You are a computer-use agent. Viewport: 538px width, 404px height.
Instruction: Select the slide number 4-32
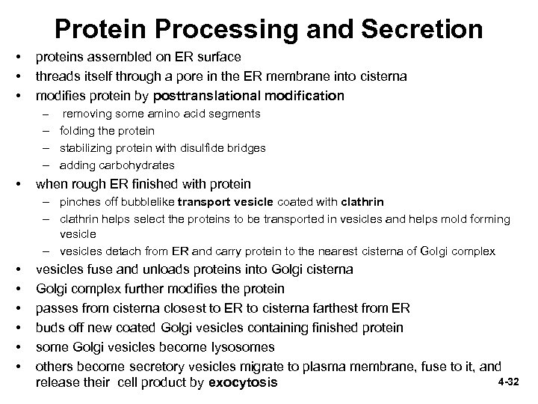[508, 382]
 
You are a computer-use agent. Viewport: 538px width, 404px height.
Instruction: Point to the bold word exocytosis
[243, 383]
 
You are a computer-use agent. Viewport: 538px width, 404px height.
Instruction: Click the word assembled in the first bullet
[105, 57]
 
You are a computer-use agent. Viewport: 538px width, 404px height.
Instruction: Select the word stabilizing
[88, 148]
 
